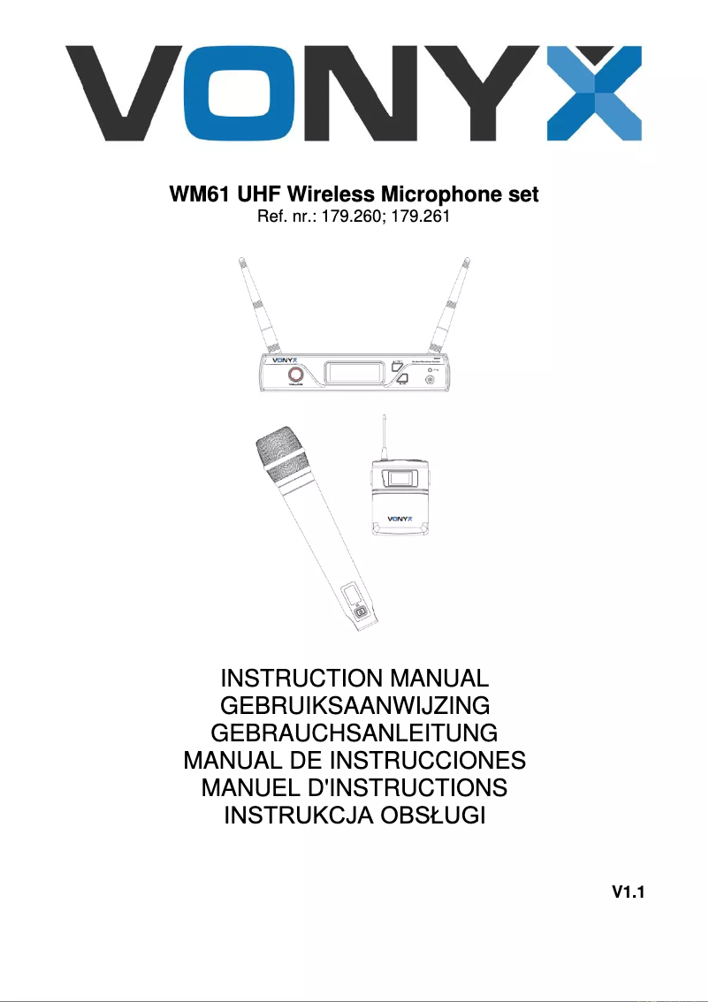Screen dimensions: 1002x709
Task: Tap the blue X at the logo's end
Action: point(602,93)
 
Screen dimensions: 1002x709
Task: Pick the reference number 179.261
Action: point(424,215)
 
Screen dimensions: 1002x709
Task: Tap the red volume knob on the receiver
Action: point(294,377)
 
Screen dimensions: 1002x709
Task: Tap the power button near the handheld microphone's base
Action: point(360,613)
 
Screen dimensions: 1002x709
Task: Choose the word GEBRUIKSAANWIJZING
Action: point(354,707)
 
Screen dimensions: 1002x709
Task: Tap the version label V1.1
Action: point(628,893)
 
